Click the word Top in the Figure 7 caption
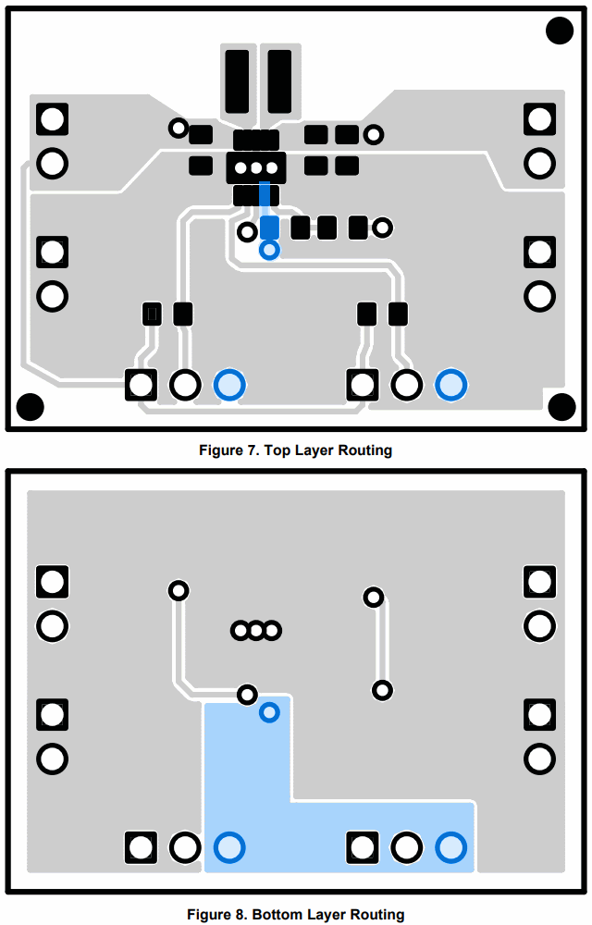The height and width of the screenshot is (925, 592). (x=277, y=450)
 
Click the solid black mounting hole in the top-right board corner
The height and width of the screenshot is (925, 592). (x=560, y=31)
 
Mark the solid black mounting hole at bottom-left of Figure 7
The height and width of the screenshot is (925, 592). (x=31, y=406)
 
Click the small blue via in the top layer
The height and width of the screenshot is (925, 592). (x=269, y=250)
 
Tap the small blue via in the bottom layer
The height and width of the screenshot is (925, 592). (x=269, y=712)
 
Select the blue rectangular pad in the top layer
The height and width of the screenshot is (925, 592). (x=269, y=227)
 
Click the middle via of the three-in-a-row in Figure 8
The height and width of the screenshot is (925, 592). (x=255, y=631)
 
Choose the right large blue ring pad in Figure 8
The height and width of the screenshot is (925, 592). (x=450, y=846)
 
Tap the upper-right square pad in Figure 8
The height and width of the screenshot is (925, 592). (x=539, y=582)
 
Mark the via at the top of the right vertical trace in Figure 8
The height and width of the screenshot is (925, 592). (x=373, y=598)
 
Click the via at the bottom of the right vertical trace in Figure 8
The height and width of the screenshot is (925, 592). (x=382, y=690)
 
